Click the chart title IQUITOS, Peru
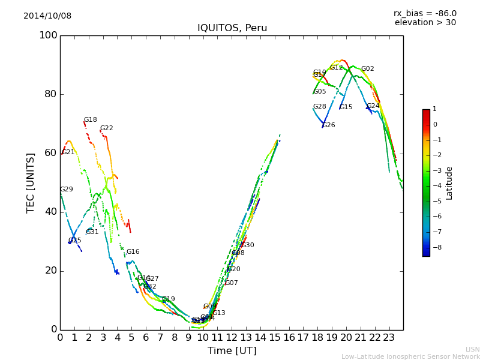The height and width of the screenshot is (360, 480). pyautogui.click(x=232, y=28)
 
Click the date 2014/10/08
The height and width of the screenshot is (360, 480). pyautogui.click(x=47, y=16)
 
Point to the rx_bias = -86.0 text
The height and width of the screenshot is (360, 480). pyautogui.click(x=425, y=13)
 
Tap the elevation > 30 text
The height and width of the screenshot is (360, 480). pyautogui.click(x=425, y=23)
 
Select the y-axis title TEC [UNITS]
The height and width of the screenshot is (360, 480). pyautogui.click(x=31, y=182)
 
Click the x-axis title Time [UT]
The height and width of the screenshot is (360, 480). pyautogui.click(x=232, y=351)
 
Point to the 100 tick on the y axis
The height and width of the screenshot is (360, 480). pyautogui.click(x=48, y=35)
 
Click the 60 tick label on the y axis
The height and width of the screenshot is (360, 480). pyautogui.click(x=50, y=153)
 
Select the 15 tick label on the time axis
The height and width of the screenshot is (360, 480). pyautogui.click(x=275, y=337)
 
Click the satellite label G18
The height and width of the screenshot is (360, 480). pyautogui.click(x=90, y=120)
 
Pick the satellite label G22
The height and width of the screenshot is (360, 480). pyautogui.click(x=106, y=128)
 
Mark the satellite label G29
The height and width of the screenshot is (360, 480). pyautogui.click(x=66, y=190)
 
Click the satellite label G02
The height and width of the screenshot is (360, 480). pyautogui.click(x=367, y=69)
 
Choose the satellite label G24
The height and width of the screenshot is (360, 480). pyautogui.click(x=373, y=106)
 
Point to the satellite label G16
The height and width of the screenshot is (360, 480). pyautogui.click(x=133, y=252)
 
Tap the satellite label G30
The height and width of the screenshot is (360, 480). pyautogui.click(x=247, y=245)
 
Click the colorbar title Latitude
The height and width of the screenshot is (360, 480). pyautogui.click(x=449, y=183)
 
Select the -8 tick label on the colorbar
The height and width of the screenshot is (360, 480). pyautogui.click(x=435, y=247)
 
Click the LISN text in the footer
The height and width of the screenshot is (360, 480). pyautogui.click(x=472, y=349)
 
